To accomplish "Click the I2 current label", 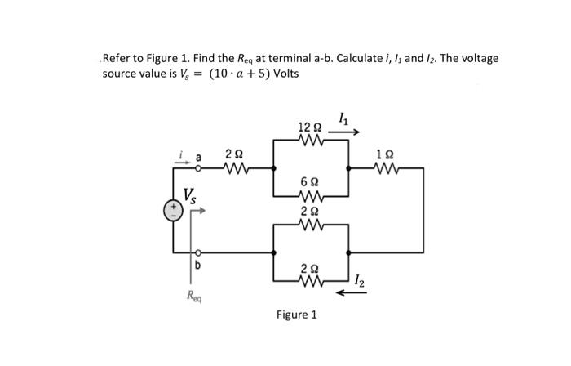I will click(x=361, y=282).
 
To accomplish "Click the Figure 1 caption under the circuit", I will click(x=297, y=315).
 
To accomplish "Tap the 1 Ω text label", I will click(x=384, y=154).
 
